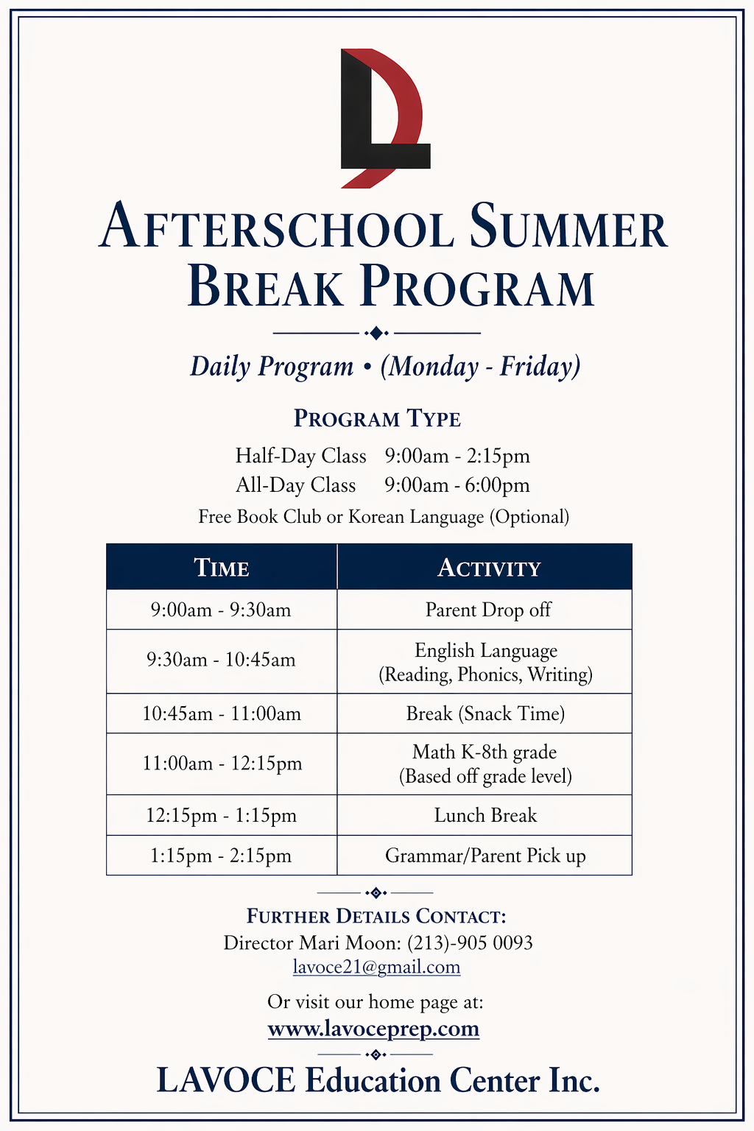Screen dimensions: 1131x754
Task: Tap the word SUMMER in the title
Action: [568, 228]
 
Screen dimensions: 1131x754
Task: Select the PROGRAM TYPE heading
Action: [377, 419]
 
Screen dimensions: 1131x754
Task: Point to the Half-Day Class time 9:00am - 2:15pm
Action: [457, 457]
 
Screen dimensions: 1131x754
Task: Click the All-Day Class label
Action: [295, 485]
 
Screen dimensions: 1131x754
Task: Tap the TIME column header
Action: [222, 568]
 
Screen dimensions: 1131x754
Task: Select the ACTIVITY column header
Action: [489, 568]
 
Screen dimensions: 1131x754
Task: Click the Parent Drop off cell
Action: [488, 610]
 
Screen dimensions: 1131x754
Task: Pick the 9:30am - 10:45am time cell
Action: [221, 660]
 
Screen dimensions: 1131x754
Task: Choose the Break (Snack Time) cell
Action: [485, 714]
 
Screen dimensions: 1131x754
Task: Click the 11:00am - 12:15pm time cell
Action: [222, 764]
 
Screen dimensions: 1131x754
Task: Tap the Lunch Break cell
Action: [485, 815]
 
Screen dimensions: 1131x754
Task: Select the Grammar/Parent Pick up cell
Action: [485, 856]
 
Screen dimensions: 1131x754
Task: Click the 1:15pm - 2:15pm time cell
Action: [221, 856]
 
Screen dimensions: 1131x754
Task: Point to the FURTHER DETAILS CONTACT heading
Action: [376, 917]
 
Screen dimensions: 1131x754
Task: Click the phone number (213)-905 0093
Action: [470, 942]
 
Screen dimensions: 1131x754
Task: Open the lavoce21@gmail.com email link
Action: [376, 967]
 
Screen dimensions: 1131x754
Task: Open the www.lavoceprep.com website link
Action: [373, 1029]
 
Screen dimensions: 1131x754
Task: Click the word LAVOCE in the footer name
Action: [226, 1081]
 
